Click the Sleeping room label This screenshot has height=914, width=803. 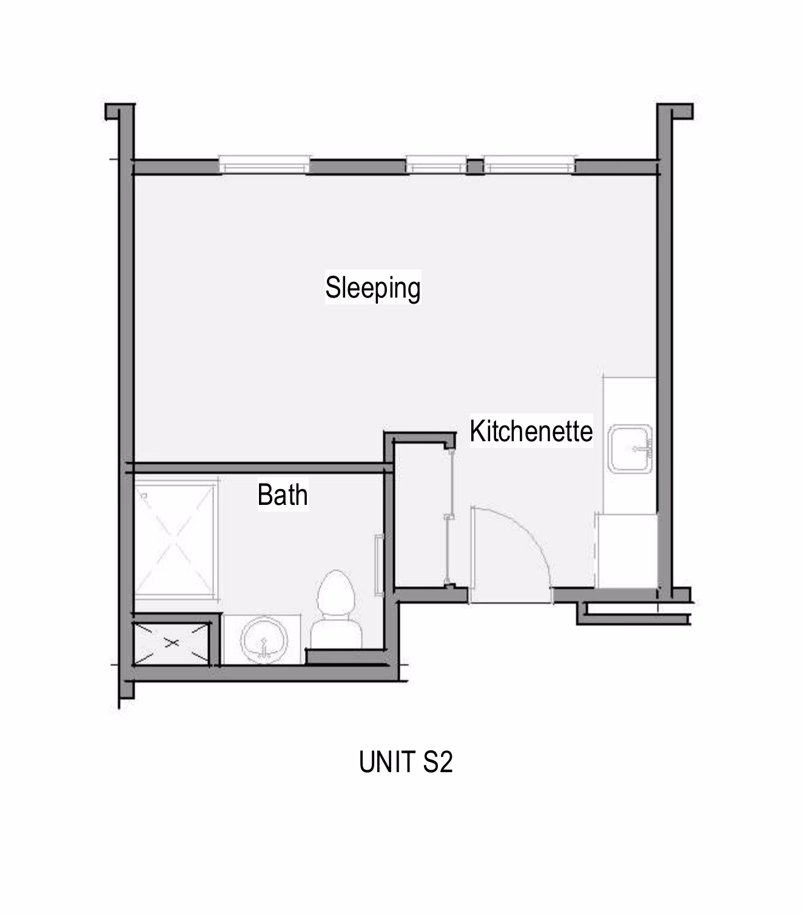pos(372,287)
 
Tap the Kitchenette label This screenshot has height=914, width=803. pos(531,431)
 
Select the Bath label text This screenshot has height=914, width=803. pos(283,495)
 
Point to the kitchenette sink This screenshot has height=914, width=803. pos(630,449)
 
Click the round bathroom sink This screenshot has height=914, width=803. pos(264,640)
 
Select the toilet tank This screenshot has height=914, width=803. pos(336,633)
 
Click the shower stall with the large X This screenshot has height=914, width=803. pos(175,541)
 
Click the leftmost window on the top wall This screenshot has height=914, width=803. pos(264,165)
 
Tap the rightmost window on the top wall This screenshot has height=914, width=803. pos(529,165)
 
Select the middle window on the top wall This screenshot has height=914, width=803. pos(436,165)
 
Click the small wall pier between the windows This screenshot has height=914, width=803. pos(475,167)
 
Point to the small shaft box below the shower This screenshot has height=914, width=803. pos(172,643)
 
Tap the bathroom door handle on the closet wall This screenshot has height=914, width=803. pos(378,565)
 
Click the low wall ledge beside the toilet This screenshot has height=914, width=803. pos(346,656)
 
